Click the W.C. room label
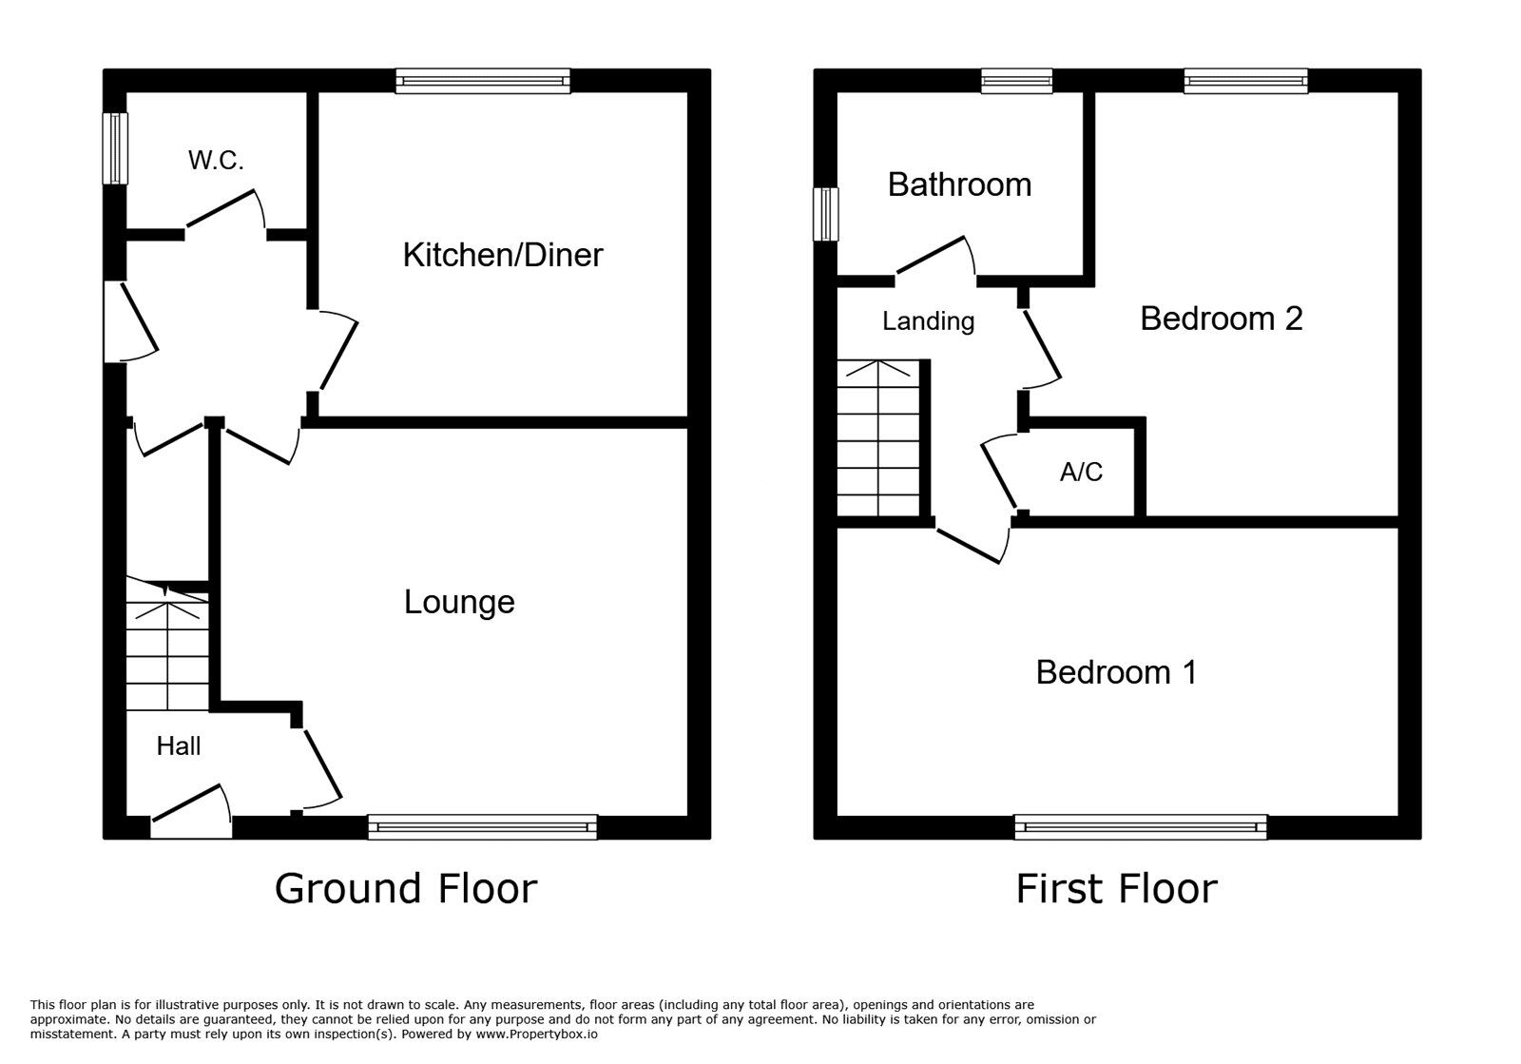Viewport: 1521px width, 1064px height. point(216,161)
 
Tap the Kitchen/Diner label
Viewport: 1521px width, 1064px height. point(503,255)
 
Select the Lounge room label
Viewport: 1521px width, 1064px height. point(459,602)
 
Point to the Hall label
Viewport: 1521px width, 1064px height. point(179,746)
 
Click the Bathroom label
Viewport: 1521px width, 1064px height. point(959,184)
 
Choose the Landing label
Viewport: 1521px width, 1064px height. point(928,321)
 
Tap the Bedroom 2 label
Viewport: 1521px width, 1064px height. point(1221,319)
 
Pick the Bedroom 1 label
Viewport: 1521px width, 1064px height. point(1116,672)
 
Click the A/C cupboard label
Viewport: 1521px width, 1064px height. point(1081,472)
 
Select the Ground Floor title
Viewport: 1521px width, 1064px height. point(406,888)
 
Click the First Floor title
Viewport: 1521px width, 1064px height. point(1116,888)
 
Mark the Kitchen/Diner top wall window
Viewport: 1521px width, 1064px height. point(483,81)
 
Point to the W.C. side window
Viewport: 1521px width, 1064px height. point(115,148)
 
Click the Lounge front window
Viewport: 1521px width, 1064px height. point(482,827)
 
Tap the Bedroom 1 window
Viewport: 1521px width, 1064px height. point(1141,827)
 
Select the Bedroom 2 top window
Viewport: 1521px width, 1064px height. point(1245,81)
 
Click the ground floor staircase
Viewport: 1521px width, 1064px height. point(167,647)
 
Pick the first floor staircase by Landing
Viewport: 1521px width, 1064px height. point(878,438)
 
